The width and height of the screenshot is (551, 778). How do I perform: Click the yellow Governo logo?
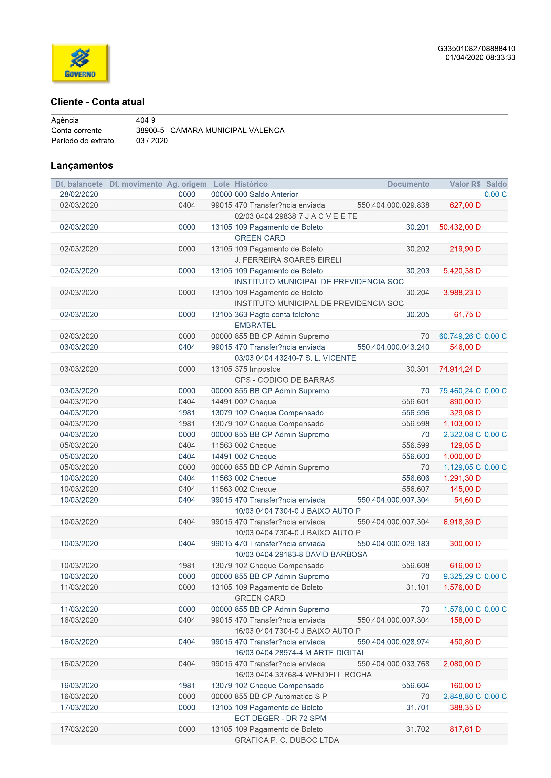[x=80, y=63]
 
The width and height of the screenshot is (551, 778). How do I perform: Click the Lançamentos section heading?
[x=82, y=165]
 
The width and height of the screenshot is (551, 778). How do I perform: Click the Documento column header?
[x=408, y=184]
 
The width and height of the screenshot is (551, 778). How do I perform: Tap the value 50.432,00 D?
[x=460, y=227]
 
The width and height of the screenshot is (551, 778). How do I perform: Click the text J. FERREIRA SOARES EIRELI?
[x=288, y=260]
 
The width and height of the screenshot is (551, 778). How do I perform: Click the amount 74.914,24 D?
[x=460, y=369]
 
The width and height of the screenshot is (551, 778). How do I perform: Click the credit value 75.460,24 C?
[x=460, y=391]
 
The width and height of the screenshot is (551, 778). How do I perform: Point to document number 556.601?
[x=415, y=402]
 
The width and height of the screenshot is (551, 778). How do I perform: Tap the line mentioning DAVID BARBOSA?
[x=301, y=554]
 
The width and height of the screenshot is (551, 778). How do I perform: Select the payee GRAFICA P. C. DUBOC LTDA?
[x=287, y=740]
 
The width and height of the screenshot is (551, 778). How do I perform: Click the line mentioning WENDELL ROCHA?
[x=303, y=675]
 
